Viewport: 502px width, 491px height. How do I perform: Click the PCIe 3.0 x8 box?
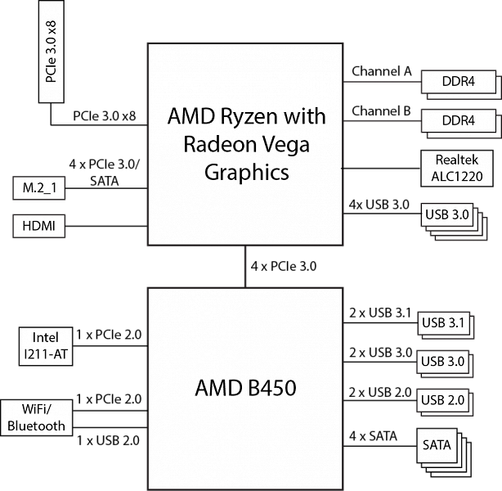point(52,52)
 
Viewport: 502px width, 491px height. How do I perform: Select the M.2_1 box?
point(39,190)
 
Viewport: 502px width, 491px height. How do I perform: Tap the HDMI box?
point(39,226)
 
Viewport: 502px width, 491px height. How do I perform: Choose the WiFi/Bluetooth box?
point(36,417)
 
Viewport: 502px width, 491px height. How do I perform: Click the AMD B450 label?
point(245,388)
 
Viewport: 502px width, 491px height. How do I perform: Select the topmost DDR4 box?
point(459,82)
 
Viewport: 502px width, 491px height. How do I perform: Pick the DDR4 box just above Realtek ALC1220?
point(459,120)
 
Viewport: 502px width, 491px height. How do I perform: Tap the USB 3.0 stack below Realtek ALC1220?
point(447,215)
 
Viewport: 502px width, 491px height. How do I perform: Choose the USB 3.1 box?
point(442,322)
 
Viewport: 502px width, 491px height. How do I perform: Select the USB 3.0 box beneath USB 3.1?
point(442,361)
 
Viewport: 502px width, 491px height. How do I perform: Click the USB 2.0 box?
point(442,400)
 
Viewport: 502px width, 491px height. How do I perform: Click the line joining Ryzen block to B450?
point(245,266)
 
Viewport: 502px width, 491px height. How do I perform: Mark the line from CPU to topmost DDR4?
point(382,82)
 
